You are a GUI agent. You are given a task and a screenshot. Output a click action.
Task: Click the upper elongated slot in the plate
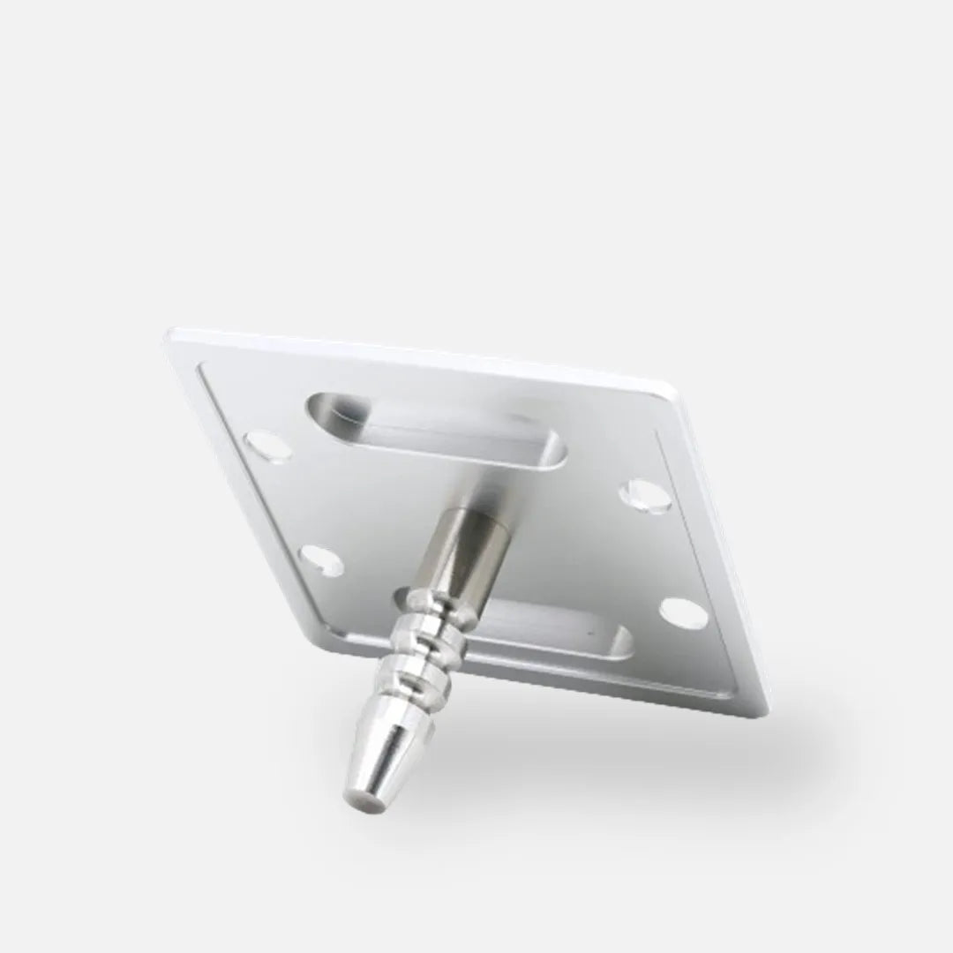coord(438,428)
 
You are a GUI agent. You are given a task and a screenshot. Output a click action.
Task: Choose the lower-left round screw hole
coord(321,560)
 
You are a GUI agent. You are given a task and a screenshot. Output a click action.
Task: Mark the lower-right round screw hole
coord(683,612)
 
